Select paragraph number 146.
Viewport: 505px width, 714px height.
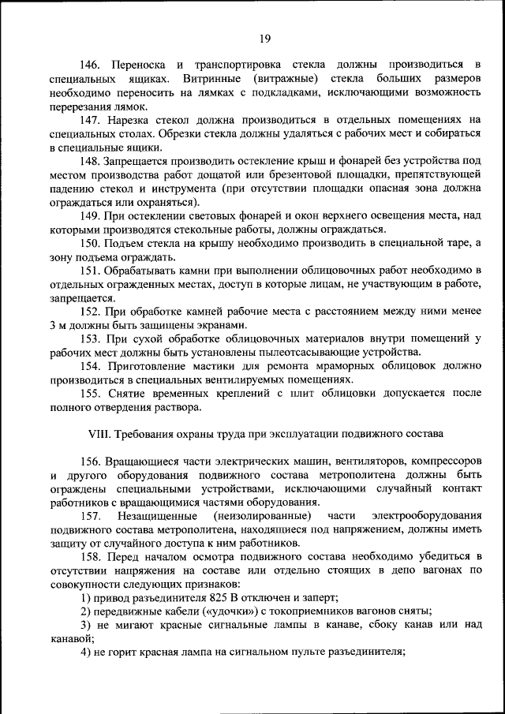tap(92, 63)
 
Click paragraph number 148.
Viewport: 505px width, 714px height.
tap(92, 161)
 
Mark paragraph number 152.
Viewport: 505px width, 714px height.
tap(92, 312)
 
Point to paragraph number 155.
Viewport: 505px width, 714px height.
tap(92, 394)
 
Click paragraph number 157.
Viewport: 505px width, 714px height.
tap(92, 516)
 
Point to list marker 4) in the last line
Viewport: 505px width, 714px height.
tap(85, 652)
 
